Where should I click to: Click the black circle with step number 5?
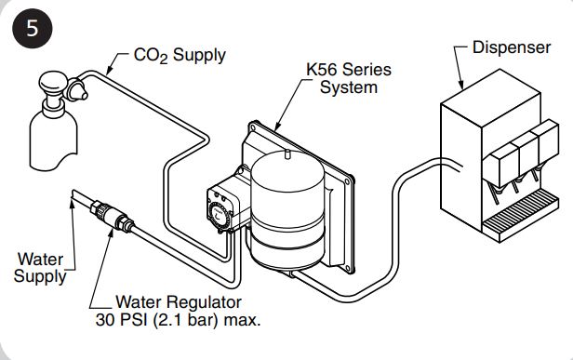33,28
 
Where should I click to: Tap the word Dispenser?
512,47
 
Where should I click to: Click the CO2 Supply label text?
180,56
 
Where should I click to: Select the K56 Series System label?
349,78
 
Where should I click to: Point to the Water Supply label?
41,268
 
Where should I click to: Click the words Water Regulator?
179,302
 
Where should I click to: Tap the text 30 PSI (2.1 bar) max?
178,320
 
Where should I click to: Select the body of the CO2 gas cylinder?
54,139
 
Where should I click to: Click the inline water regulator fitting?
113,218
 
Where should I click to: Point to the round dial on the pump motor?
219,215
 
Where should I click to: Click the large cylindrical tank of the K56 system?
288,209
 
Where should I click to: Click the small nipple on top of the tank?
287,153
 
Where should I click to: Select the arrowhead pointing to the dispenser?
461,85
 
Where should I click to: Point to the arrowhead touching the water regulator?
111,232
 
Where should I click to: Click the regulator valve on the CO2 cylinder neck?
75,89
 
